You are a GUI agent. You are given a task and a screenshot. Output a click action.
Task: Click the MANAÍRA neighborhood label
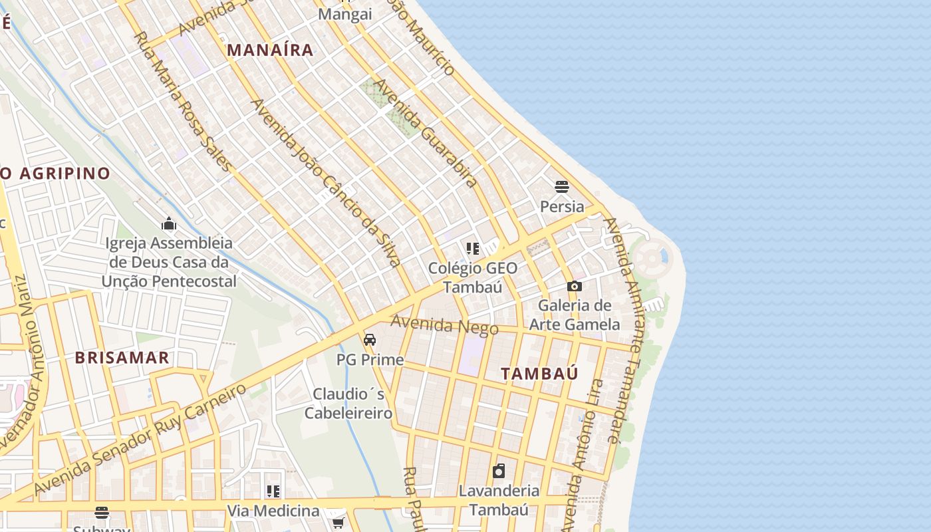(x=269, y=50)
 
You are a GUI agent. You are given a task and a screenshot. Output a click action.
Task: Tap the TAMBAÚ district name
(x=539, y=374)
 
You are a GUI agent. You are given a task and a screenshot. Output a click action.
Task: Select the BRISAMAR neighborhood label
(x=122, y=358)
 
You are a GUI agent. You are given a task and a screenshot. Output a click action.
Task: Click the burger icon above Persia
(x=562, y=186)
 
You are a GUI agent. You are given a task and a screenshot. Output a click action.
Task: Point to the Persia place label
(x=562, y=207)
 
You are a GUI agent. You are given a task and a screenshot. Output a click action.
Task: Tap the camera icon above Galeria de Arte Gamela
(x=575, y=286)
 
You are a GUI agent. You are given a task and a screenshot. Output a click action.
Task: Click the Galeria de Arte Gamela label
(x=575, y=315)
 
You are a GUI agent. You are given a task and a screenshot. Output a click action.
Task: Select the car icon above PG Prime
(x=370, y=340)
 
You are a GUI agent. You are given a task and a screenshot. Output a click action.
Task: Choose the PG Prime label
(x=370, y=360)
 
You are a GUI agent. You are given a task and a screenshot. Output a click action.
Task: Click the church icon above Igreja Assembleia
(x=169, y=223)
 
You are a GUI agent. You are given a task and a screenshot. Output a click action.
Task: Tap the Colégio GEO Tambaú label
(x=473, y=277)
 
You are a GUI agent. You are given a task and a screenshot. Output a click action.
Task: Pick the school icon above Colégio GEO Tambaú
(x=473, y=249)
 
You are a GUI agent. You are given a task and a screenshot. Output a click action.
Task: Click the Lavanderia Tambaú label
(x=499, y=500)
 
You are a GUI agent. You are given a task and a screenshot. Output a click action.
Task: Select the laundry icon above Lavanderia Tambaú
(x=499, y=471)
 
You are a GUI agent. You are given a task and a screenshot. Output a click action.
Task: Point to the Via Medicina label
(x=273, y=511)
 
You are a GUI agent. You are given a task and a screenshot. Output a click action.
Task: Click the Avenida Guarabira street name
(x=426, y=133)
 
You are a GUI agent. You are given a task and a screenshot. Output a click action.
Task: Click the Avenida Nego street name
(x=444, y=325)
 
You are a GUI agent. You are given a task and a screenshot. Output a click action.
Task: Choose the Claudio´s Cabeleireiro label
(x=348, y=404)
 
